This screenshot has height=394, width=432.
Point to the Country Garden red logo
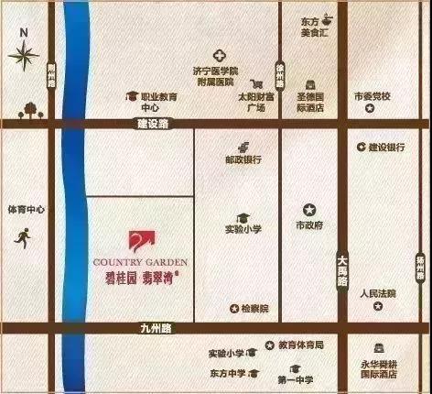(138, 242)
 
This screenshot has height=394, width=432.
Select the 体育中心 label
(25, 210)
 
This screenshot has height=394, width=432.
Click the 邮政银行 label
(243, 159)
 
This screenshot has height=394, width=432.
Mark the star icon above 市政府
(308, 208)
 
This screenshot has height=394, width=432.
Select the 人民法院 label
(377, 294)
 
